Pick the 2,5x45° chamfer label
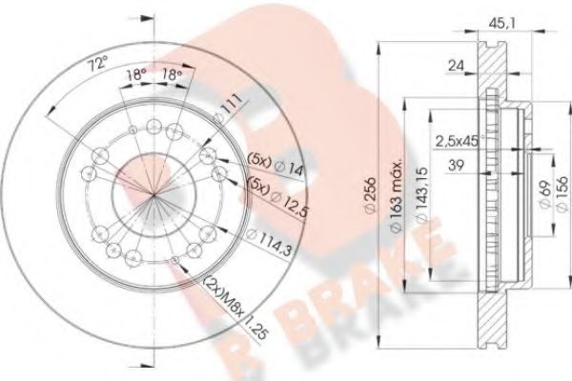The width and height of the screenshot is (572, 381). (457, 141)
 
